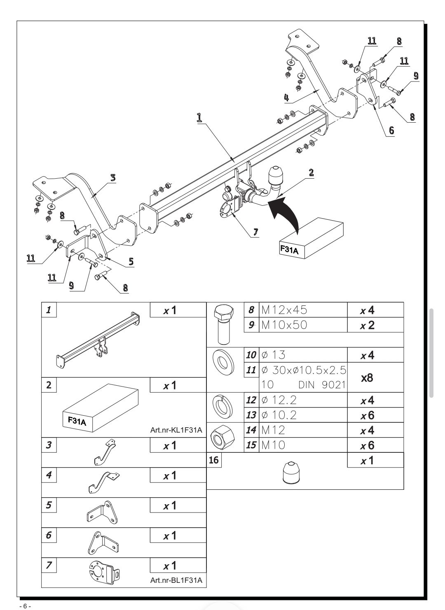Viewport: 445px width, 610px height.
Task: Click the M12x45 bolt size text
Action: [284, 310]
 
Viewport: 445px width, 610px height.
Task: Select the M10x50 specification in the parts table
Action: [284, 325]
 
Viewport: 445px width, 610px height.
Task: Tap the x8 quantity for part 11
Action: [367, 378]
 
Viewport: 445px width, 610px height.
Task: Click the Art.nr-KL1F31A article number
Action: [176, 430]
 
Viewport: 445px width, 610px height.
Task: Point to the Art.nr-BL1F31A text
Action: [176, 580]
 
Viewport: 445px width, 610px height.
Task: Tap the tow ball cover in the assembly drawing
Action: [276, 175]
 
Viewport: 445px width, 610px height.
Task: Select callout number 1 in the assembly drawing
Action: [199, 117]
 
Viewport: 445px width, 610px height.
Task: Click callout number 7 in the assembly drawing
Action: [255, 232]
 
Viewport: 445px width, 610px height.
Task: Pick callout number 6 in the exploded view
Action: [391, 130]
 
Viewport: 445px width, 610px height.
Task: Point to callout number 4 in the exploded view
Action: [286, 97]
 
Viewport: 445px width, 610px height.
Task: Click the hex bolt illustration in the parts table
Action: [224, 324]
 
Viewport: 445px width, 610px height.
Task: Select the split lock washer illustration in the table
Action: [222, 407]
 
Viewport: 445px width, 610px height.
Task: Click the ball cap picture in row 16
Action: [291, 473]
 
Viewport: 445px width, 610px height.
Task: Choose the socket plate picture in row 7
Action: [105, 573]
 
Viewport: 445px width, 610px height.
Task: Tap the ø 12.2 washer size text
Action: [279, 400]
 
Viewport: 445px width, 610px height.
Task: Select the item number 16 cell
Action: [214, 460]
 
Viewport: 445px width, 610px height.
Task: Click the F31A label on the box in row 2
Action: [77, 421]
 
